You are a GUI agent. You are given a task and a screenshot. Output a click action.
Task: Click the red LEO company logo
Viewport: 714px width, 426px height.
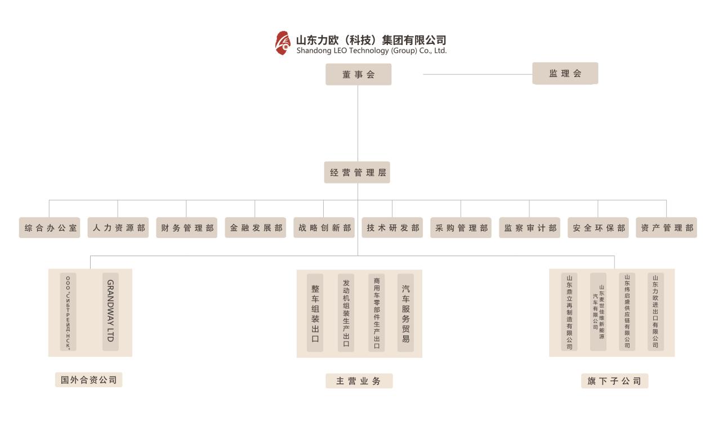point(282,43)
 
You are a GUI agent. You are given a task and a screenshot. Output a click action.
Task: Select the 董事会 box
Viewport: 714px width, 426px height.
point(358,74)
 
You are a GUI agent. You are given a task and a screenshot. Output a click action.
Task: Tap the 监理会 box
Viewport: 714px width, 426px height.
point(565,74)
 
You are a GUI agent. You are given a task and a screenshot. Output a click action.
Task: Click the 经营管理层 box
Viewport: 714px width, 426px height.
point(357,172)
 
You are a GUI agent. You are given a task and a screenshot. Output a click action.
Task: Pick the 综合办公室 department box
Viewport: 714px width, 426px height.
point(50,228)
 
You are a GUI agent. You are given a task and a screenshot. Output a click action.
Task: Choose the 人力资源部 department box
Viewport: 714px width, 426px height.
point(118,228)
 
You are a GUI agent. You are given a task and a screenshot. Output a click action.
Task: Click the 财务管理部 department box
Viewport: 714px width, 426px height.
point(187,228)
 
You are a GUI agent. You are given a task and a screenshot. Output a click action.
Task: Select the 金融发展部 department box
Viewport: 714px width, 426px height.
point(255,228)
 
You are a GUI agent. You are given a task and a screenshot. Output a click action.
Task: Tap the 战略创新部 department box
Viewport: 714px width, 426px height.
point(324,228)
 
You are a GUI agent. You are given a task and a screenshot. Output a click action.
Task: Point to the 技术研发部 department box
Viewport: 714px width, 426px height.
point(392,228)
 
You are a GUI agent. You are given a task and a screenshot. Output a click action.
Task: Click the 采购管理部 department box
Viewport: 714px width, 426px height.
point(461,228)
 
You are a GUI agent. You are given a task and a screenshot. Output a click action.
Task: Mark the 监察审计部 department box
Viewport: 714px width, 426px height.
point(529,228)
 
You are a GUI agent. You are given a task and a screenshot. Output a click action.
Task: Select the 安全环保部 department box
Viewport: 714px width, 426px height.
point(598,228)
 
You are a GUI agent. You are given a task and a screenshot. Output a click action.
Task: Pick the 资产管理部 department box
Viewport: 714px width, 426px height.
point(666,228)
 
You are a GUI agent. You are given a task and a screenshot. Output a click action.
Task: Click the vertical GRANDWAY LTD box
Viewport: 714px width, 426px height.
point(110,312)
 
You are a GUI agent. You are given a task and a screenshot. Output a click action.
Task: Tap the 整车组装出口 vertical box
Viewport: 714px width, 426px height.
point(315,313)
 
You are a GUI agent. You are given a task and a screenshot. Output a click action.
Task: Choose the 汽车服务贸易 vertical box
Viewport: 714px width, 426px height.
point(405,313)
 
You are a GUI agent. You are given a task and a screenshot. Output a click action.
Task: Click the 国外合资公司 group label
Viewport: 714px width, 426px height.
point(88,380)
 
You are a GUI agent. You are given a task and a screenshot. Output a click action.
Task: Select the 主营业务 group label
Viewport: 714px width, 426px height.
point(359,381)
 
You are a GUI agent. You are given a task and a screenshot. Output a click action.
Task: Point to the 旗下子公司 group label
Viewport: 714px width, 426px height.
point(614,381)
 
